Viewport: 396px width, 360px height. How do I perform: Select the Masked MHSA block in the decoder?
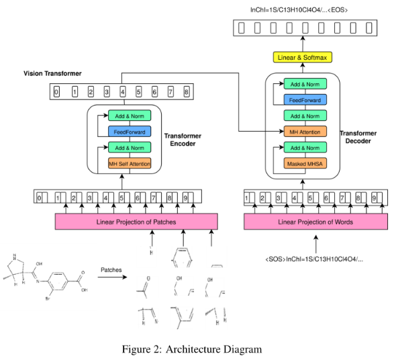click(x=305, y=163)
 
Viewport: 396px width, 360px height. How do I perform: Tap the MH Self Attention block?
click(x=130, y=163)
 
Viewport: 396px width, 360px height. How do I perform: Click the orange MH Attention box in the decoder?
click(x=305, y=132)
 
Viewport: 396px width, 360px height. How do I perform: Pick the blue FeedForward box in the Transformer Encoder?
click(x=130, y=132)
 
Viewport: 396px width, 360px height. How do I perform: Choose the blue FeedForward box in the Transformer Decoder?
click(x=305, y=100)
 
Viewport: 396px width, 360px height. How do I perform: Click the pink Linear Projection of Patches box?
click(x=136, y=222)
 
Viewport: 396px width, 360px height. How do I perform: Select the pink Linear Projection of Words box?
click(x=315, y=222)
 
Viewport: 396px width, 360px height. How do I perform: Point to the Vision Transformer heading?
click(x=53, y=73)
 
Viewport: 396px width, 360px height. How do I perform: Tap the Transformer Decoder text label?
click(x=358, y=138)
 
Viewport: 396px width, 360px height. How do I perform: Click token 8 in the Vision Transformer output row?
click(x=187, y=91)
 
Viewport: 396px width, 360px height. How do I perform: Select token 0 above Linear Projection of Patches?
click(x=41, y=198)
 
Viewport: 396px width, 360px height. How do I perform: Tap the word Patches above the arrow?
click(x=111, y=270)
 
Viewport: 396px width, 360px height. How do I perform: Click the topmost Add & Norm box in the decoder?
click(x=305, y=84)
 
